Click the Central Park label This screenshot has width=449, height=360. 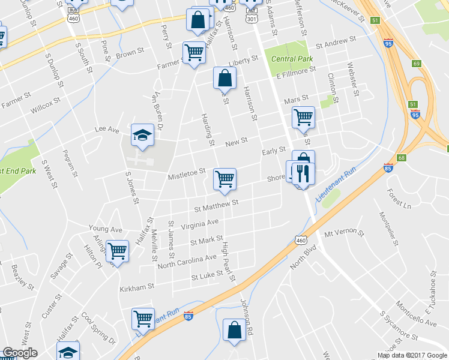pos(292,59)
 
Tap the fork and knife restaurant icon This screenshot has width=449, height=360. pos(303,173)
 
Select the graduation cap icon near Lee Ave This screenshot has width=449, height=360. pos(143,136)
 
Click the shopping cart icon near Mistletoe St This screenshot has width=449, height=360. pos(224,179)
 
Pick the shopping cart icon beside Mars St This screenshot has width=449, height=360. pos(304,117)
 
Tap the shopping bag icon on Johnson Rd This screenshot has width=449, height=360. pos(234,331)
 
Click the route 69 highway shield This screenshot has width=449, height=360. pos(417,64)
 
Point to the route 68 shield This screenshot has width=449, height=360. pos(402,158)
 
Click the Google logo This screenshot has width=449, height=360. pos(19,353)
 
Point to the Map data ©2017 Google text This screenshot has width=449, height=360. pos(411,355)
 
